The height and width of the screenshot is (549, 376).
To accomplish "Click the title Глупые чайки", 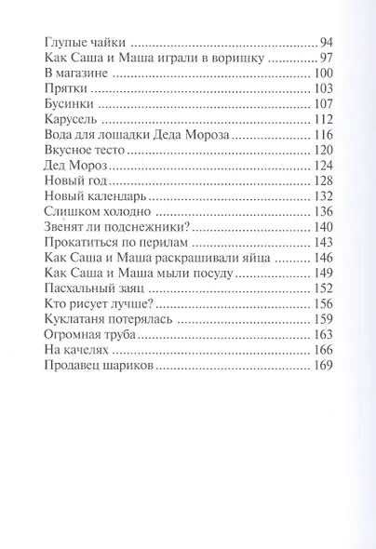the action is click(x=84, y=43).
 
